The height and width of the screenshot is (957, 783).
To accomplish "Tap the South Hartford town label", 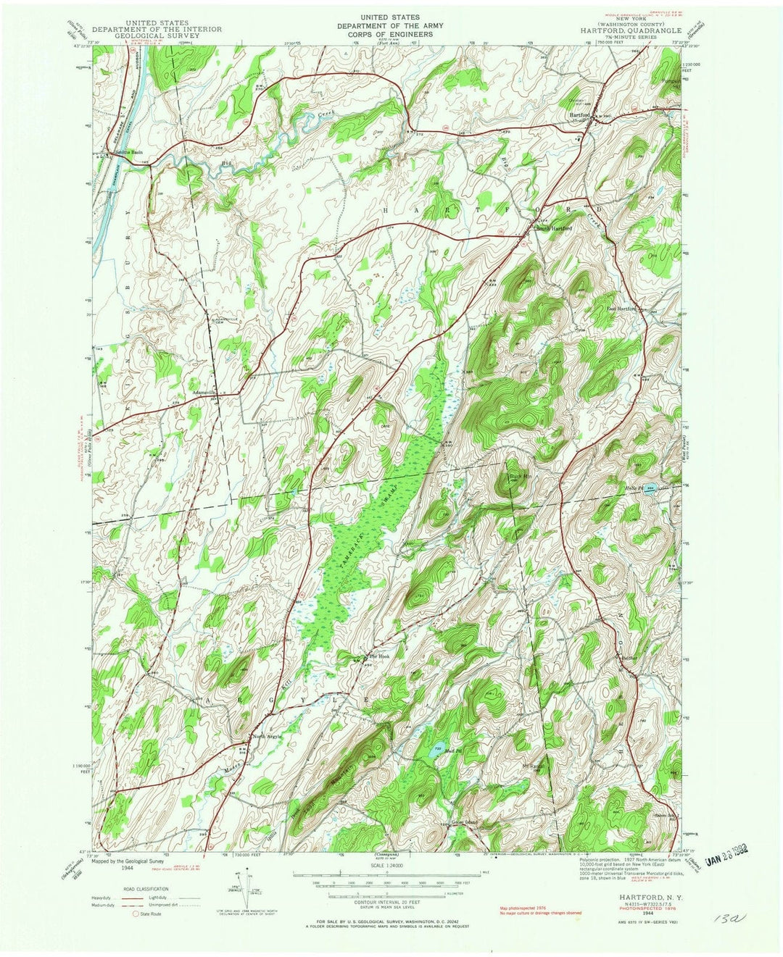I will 554,229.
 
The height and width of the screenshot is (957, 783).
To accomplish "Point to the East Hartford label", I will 621,308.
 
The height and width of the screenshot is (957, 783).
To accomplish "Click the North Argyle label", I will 266,737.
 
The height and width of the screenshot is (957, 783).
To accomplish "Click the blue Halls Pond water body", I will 651,488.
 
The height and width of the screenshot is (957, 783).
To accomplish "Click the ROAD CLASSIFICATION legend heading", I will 143,889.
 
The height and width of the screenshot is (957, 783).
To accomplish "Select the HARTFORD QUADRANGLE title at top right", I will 630,31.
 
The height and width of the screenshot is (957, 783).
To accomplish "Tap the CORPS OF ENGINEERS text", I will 391,34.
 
